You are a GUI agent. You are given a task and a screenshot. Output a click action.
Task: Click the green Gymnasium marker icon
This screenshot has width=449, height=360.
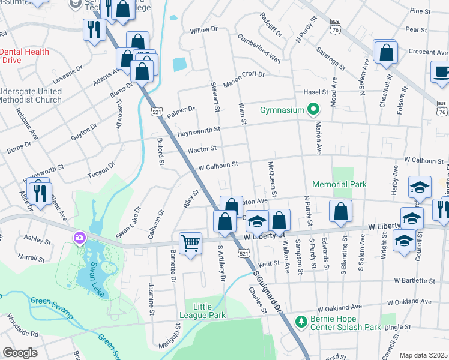313,110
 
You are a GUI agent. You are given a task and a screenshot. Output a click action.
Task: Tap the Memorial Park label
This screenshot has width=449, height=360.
339,185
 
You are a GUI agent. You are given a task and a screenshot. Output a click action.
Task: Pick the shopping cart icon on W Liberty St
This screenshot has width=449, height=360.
190,243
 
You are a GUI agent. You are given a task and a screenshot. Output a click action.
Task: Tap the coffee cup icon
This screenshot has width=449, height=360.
441,72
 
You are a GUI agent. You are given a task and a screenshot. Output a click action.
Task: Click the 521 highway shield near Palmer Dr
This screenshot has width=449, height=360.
156,112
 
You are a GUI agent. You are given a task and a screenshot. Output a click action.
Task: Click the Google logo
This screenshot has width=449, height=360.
20,353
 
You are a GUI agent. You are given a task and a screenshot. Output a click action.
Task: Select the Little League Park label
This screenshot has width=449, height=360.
202,311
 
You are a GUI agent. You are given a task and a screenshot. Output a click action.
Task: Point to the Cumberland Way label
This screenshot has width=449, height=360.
259,48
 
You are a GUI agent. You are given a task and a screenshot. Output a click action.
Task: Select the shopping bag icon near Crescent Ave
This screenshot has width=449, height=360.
385,52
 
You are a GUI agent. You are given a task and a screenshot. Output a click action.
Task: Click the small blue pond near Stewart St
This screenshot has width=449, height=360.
179,64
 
